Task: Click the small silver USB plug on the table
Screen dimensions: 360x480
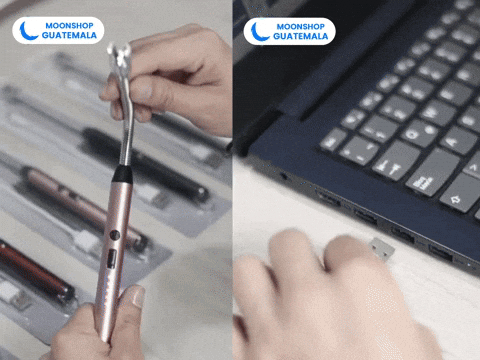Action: click(379, 245)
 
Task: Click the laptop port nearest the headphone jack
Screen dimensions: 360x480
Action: click(327, 198)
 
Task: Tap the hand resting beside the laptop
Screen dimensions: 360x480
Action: click(320, 290)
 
